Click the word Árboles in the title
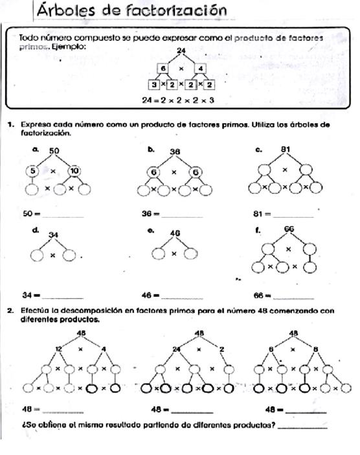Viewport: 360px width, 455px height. [x=67, y=10]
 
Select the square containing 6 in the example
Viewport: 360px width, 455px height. [x=164, y=68]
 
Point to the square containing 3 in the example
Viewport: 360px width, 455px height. [x=154, y=84]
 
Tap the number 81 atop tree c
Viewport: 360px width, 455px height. [x=286, y=150]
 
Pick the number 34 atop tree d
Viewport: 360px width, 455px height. [x=53, y=235]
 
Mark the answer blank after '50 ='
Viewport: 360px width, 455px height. [x=63, y=215]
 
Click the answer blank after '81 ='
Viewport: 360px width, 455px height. [x=294, y=215]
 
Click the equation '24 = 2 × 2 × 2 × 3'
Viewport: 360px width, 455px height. [x=178, y=100]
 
